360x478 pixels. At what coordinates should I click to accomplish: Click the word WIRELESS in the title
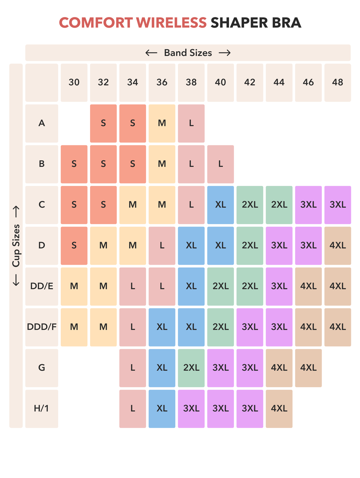click(171, 23)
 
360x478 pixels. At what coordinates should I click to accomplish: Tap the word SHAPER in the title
click(239, 23)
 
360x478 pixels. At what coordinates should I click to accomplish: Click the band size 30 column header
click(74, 83)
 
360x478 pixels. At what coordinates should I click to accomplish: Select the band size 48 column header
click(338, 83)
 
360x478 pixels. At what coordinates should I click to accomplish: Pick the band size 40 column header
click(221, 83)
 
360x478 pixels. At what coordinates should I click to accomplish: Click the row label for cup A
click(42, 124)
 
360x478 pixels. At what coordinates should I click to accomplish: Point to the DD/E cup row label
click(42, 286)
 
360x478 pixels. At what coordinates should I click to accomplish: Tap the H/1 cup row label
click(42, 409)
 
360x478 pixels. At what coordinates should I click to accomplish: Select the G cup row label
click(42, 368)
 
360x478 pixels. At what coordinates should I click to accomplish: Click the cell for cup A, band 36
click(162, 124)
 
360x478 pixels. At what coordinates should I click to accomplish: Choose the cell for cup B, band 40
click(221, 164)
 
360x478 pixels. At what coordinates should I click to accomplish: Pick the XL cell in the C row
click(221, 205)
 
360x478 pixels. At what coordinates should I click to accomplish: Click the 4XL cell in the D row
click(338, 245)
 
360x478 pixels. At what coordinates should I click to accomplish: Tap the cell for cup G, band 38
click(191, 368)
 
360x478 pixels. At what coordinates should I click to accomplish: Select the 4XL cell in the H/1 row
click(279, 409)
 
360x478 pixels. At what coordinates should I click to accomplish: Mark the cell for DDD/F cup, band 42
click(250, 327)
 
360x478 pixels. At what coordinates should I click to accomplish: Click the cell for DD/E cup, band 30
click(74, 286)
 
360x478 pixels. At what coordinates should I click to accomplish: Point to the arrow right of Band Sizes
click(225, 53)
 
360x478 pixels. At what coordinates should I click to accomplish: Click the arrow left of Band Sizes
click(151, 53)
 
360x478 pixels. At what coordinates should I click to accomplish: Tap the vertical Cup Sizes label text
click(16, 245)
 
